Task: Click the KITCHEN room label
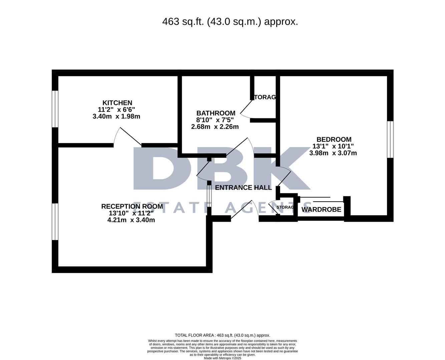[x=117, y=103]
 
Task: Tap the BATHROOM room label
[x=215, y=113]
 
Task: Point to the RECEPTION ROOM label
[x=132, y=206]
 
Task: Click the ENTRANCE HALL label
[x=243, y=188]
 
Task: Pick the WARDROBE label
[x=321, y=210]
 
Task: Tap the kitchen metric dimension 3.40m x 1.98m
[x=116, y=116]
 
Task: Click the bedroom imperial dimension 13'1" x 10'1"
[x=333, y=146]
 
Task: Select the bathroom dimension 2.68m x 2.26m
[x=215, y=127]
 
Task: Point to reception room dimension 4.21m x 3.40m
[x=131, y=220]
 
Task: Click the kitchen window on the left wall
[x=55, y=109]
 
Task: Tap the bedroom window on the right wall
[x=390, y=139]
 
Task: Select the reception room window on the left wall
[x=55, y=221]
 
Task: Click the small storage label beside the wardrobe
[x=285, y=207]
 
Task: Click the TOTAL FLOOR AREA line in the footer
[x=222, y=335]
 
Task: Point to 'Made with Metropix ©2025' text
[x=222, y=358]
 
